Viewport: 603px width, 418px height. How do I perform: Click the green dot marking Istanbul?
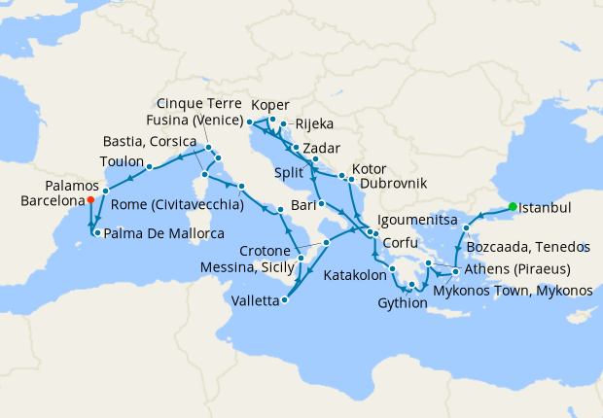tap(510, 206)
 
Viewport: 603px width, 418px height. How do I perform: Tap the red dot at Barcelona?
tap(89, 200)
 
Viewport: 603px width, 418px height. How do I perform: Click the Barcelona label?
tap(51, 201)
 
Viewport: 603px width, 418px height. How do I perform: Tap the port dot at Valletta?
tap(284, 300)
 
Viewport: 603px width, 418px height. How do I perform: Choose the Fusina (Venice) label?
tap(197, 120)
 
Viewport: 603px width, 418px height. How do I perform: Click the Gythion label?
tap(402, 302)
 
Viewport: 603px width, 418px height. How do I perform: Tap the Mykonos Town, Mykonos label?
tap(513, 291)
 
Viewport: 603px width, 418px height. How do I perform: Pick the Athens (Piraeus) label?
tap(517, 268)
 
